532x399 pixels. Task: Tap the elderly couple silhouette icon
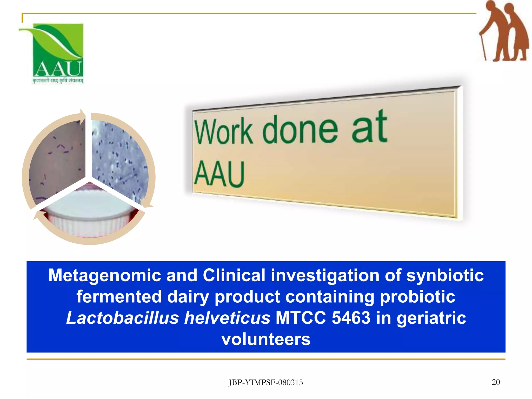504,31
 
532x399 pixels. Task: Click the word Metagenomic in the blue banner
104,275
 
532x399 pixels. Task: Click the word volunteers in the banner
266,339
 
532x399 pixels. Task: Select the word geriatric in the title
431,318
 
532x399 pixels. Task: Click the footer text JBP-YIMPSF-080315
265,382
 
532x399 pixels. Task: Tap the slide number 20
496,382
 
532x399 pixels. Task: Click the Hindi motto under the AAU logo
58,81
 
